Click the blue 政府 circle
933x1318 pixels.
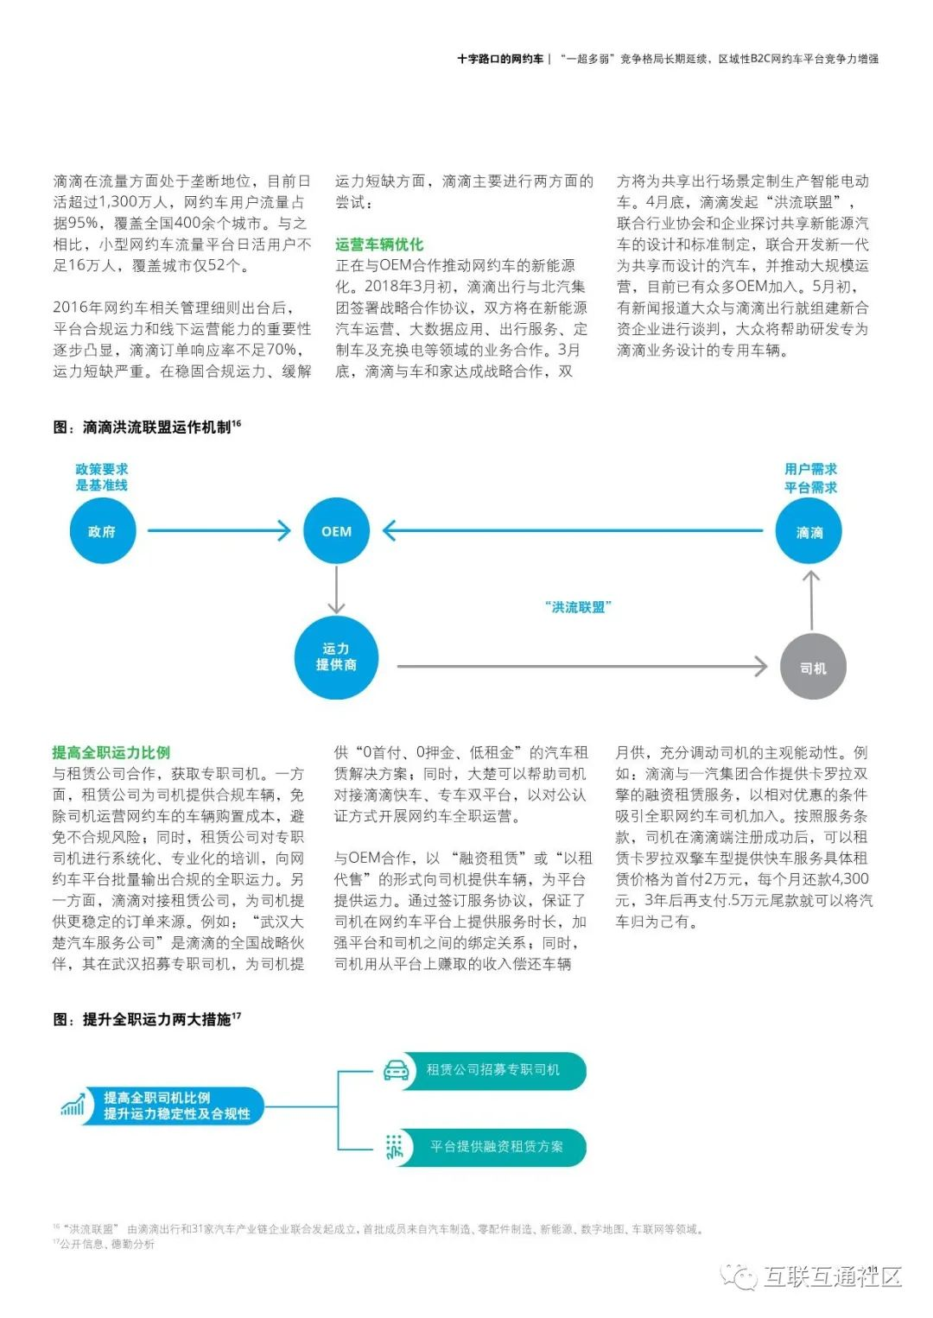tap(102, 531)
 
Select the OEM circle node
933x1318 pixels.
tap(336, 531)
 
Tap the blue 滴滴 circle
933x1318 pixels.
tap(809, 532)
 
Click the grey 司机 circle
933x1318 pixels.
tap(812, 668)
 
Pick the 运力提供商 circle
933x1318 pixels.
tap(336, 657)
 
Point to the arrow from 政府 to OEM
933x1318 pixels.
tap(219, 530)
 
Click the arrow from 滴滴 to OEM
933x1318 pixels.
tap(572, 530)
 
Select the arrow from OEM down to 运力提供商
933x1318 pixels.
tap(336, 591)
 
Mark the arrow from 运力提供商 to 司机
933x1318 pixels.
tap(581, 666)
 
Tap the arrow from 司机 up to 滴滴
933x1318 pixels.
tap(810, 600)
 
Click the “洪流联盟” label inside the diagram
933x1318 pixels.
tap(578, 607)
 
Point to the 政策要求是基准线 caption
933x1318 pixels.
tap(102, 477)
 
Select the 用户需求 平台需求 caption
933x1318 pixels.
tap(810, 478)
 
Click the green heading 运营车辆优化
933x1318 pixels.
tap(379, 244)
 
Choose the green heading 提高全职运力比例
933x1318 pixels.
tap(111, 752)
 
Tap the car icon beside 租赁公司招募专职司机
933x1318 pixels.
tap(396, 1070)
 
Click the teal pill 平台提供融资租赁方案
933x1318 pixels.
tap(497, 1147)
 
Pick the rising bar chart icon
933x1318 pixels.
tap(73, 1105)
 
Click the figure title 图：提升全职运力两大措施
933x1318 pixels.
tap(147, 1020)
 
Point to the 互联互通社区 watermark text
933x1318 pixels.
tap(833, 1276)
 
